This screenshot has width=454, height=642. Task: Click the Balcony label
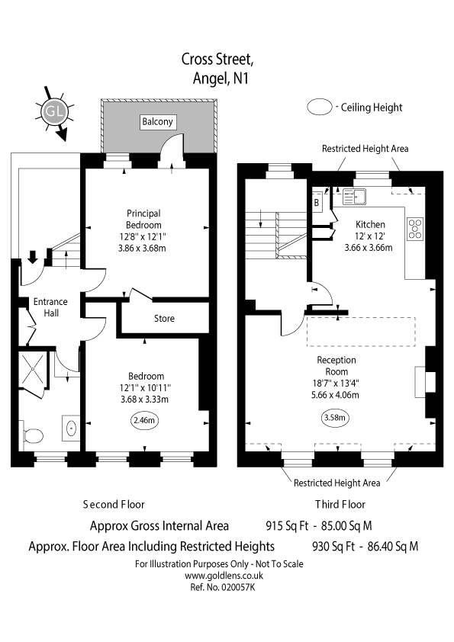coord(158,121)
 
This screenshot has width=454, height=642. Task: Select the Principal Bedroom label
coord(143,220)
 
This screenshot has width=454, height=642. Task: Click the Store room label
coord(164,318)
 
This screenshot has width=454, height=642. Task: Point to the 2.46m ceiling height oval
coord(146,419)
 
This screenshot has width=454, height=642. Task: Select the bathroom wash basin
coord(71,428)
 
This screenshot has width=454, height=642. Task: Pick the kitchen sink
coord(355,197)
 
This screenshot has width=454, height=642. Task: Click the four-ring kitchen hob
coord(416,228)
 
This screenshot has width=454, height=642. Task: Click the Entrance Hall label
coord(50,307)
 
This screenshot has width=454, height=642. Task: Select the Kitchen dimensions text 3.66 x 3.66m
coord(369,247)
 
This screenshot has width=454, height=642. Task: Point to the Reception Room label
coord(336,365)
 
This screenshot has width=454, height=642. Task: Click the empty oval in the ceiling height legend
coord(320,108)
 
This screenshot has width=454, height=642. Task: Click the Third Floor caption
coord(340,504)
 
